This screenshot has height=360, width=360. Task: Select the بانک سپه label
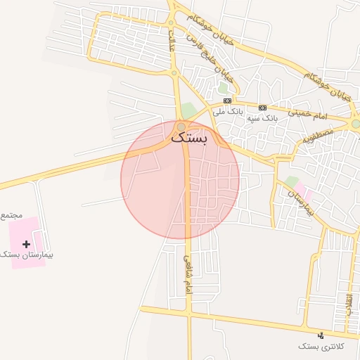click(262, 119)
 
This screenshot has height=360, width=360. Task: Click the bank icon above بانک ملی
click(228, 101)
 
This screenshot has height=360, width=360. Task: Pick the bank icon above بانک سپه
click(262, 108)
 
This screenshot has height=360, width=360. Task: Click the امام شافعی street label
click(188, 275)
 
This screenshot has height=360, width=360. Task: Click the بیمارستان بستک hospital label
click(29, 255)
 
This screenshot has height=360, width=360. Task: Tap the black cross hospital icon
click(27, 244)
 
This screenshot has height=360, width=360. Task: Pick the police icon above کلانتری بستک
click(321, 335)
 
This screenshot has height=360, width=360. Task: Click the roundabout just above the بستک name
click(181, 127)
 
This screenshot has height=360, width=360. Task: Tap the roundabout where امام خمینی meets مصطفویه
click(356, 124)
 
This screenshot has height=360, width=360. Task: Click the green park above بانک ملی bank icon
click(223, 89)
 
